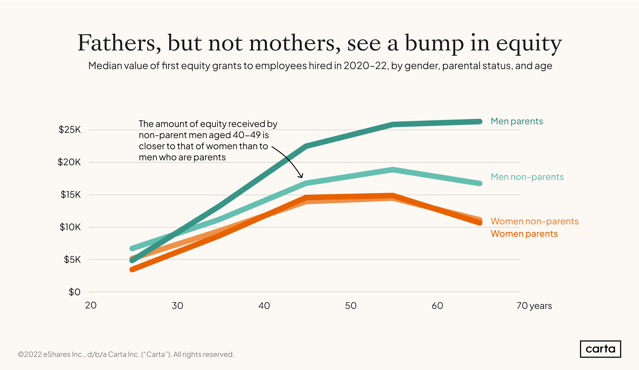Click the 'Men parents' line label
click(517, 121)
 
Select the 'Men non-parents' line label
click(527, 177)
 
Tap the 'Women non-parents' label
click(534, 221)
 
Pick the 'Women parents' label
click(524, 234)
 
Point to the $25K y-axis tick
click(69, 130)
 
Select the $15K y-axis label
click(71, 195)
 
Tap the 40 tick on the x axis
click(264, 306)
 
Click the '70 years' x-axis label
click(534, 306)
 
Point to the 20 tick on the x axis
click(91, 306)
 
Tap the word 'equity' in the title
click(529, 44)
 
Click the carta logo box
click(600, 349)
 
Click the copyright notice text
click(126, 354)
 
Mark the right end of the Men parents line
click(479, 122)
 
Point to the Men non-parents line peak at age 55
click(392, 170)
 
